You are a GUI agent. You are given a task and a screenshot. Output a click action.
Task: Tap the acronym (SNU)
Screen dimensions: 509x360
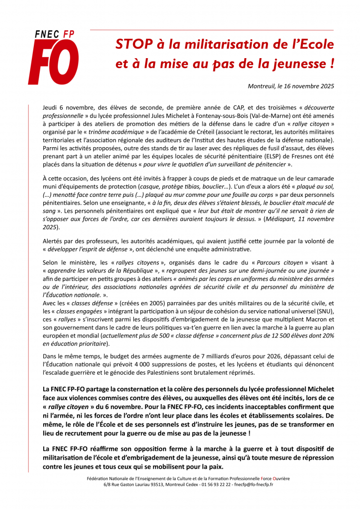[324, 311]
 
